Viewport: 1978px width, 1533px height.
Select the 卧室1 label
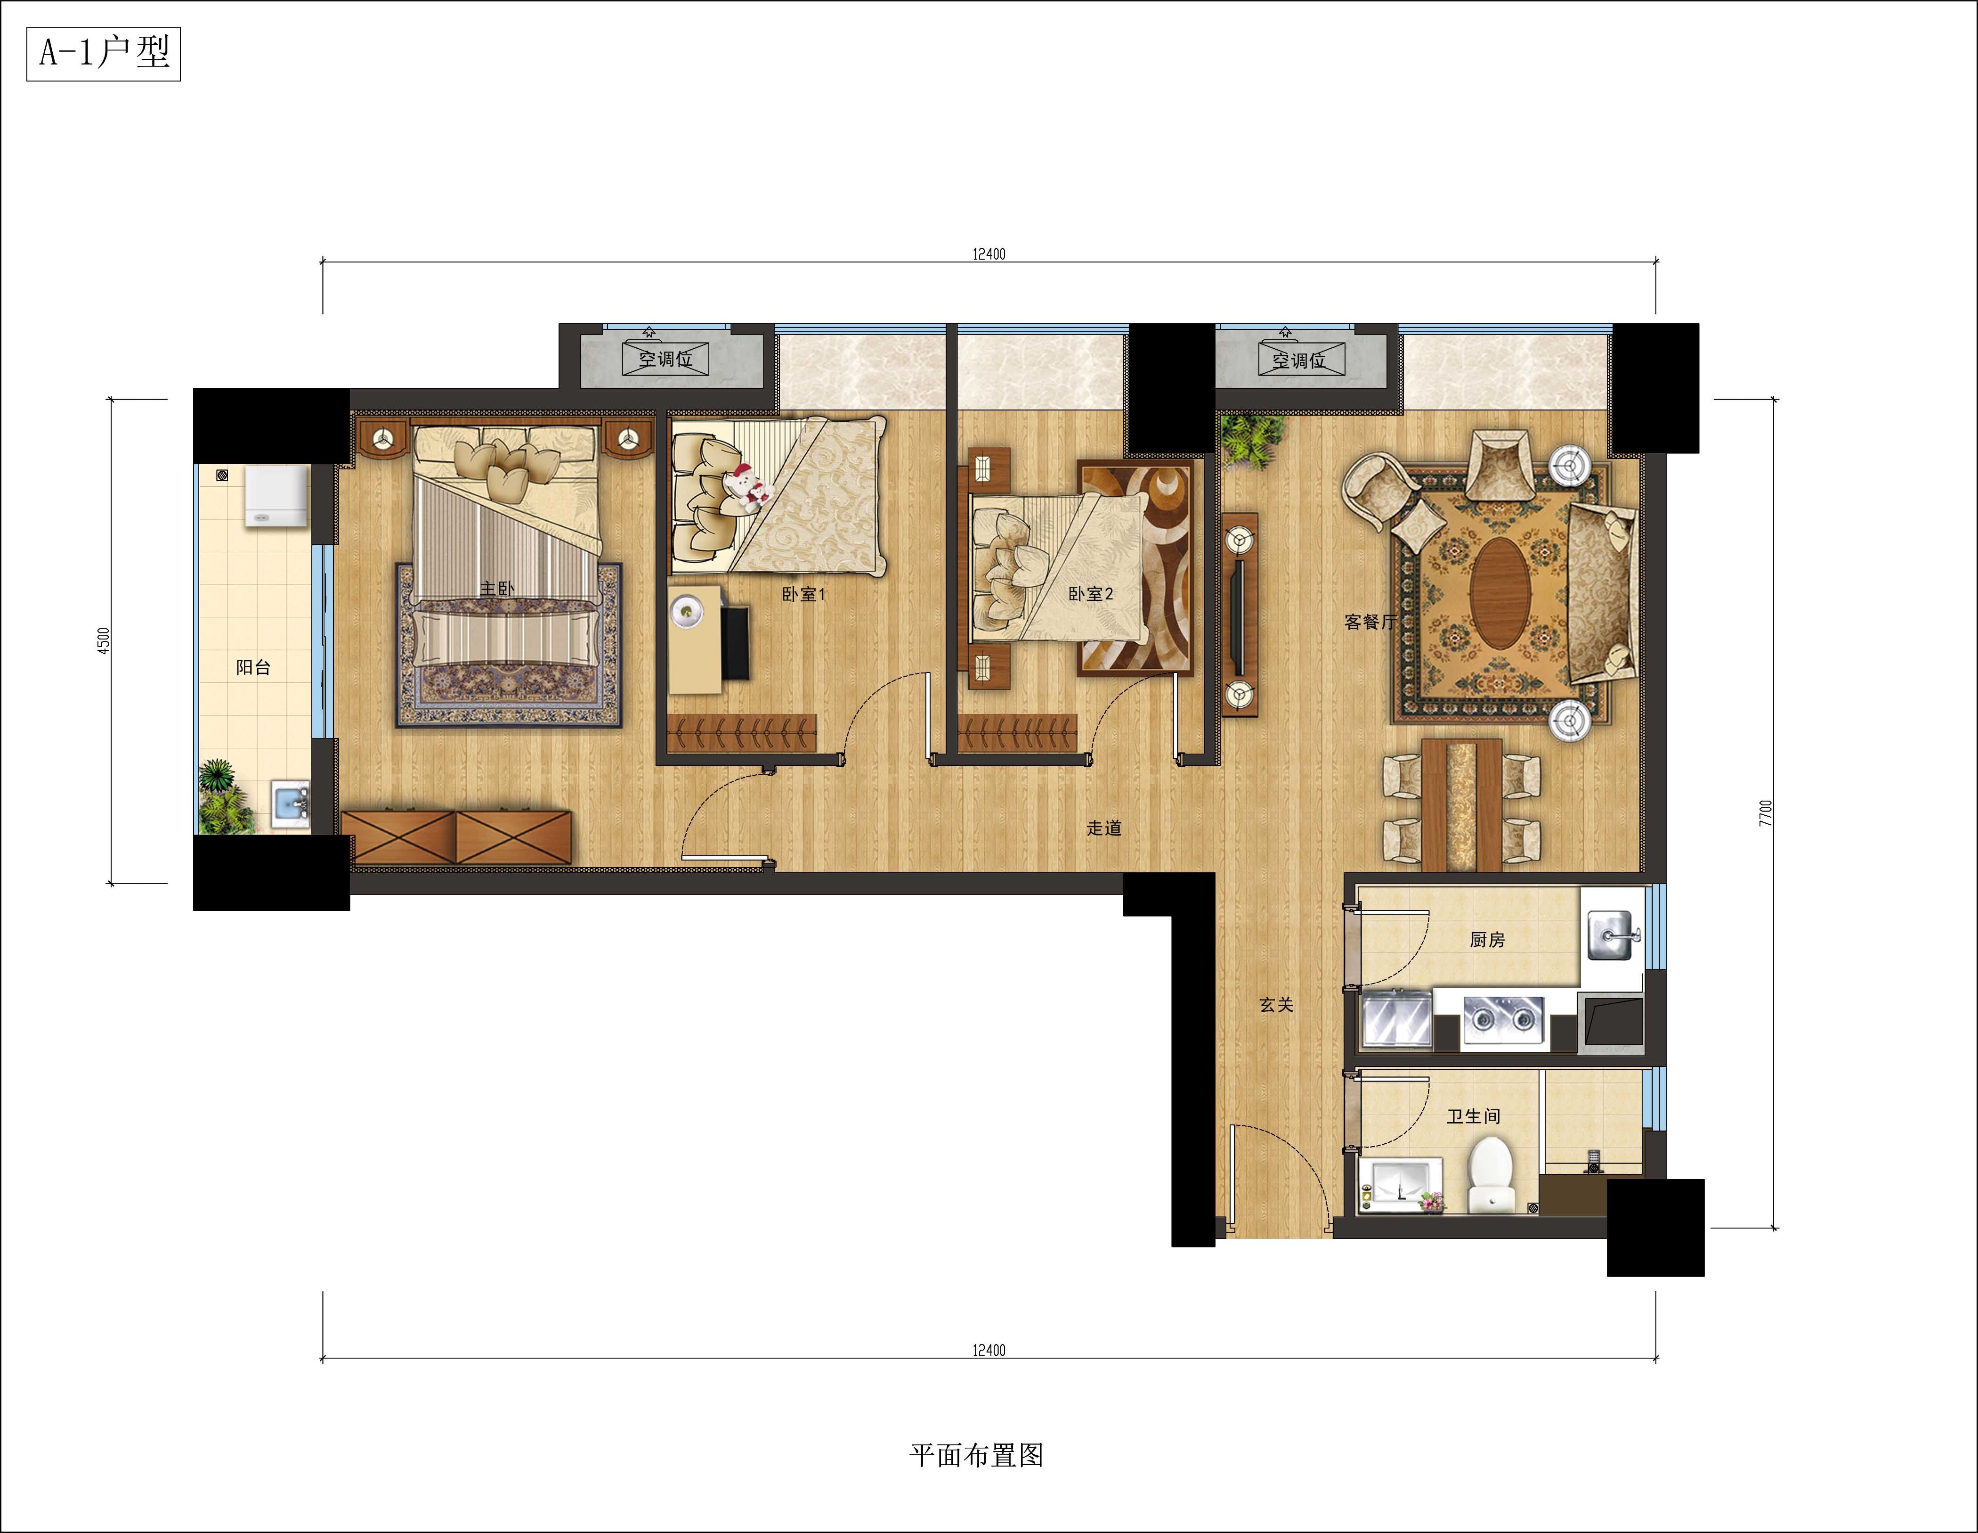pos(803,594)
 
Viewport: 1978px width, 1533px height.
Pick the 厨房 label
pos(1487,940)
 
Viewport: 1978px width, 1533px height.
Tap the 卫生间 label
pos(1474,1116)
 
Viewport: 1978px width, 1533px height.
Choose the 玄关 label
pos(1276,1005)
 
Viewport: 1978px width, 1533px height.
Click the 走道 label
pos(1104,828)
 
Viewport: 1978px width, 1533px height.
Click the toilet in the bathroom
pos(1490,1175)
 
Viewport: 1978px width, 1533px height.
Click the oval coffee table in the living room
pos(1500,593)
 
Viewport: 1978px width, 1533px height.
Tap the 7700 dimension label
pos(1765,813)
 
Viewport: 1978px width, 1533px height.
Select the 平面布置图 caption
pos(976,1455)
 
